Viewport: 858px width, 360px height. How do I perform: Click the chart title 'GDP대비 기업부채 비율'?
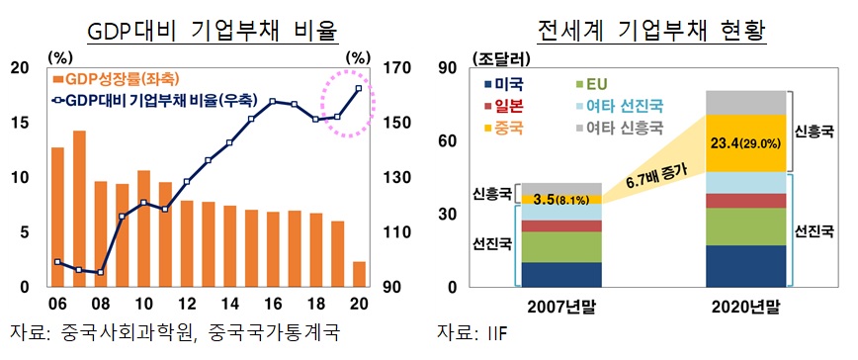coord(213,32)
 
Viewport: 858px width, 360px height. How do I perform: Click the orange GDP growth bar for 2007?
coord(79,208)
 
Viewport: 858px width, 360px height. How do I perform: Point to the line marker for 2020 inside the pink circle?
coord(358,89)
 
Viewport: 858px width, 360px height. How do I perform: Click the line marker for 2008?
coord(100,272)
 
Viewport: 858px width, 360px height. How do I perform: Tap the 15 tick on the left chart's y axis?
coord(18,123)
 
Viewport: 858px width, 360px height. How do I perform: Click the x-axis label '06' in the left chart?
coord(57,304)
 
